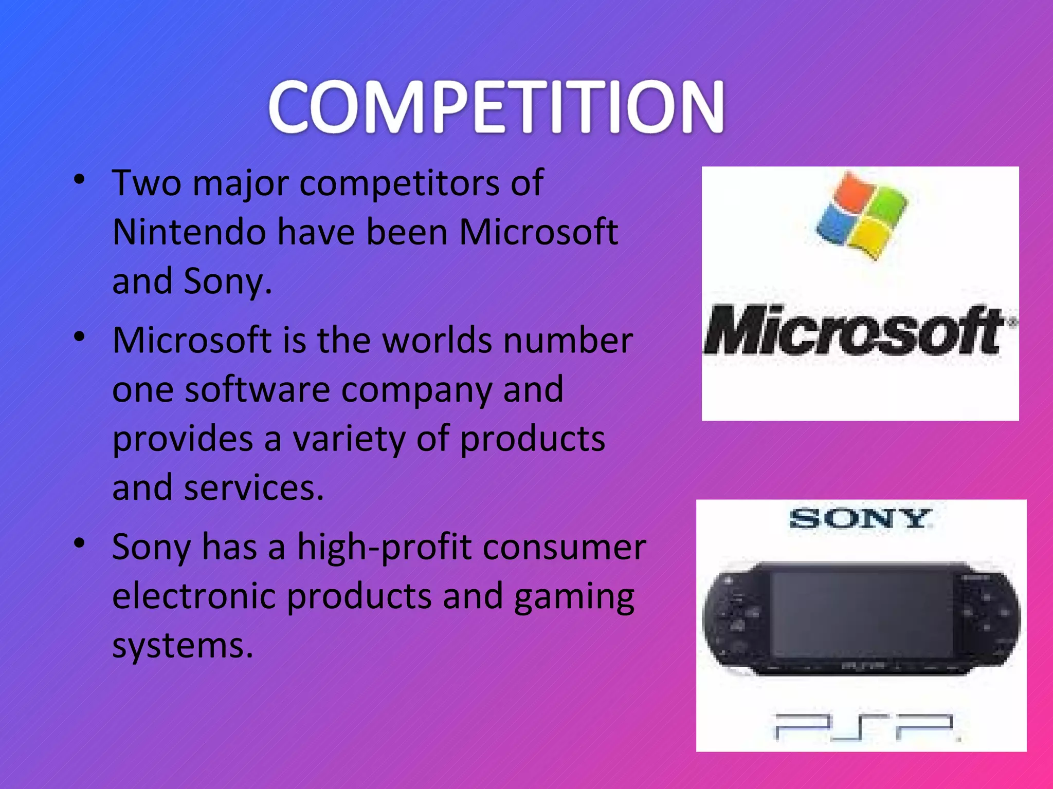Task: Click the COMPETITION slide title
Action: pos(496,107)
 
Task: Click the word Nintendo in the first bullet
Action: pos(189,232)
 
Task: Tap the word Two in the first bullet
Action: pos(147,183)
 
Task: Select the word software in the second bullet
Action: pos(257,389)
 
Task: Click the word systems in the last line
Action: pos(183,645)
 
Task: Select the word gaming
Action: pos(574,597)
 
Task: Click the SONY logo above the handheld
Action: pos(860,519)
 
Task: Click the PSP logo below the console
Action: pos(864,727)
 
